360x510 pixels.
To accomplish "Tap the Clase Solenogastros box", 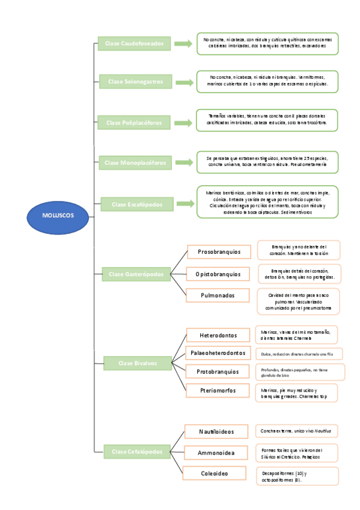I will (135, 81).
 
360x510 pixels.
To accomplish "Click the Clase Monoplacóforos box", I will (135, 162).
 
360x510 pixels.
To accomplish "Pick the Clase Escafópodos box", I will (136, 204).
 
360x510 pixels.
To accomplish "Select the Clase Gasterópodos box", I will (136, 274).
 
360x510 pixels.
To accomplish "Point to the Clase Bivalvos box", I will (137, 363).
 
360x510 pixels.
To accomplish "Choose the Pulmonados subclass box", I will (213, 295).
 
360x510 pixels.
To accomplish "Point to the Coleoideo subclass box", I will (215, 474).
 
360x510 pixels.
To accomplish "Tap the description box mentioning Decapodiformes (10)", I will (297, 476).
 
